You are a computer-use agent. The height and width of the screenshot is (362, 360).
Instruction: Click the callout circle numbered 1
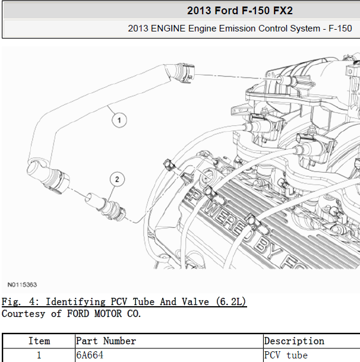[x=119, y=120]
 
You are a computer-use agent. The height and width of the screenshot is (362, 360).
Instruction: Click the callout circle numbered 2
[x=117, y=179]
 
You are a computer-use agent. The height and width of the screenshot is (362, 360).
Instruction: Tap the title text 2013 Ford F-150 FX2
[x=240, y=11]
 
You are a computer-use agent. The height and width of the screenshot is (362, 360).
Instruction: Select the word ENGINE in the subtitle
[x=168, y=28]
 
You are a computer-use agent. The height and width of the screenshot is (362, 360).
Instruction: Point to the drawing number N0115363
[x=22, y=285]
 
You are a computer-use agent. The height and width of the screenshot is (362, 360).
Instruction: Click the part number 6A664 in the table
[x=90, y=355]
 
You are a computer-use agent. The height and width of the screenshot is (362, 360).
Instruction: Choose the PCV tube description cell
[x=286, y=355]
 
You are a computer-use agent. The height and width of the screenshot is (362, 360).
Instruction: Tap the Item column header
[x=39, y=341]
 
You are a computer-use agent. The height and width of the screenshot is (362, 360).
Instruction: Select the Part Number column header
[x=106, y=341]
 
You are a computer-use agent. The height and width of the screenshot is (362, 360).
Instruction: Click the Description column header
[x=294, y=341]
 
